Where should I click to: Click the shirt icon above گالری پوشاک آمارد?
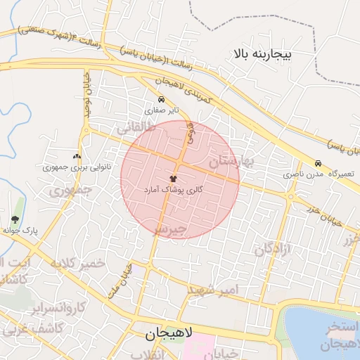[173, 179]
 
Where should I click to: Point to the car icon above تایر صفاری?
[162, 100]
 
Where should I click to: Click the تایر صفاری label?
[162, 110]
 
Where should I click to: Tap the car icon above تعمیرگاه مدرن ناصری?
[319, 162]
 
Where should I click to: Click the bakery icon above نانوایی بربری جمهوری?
[77, 156]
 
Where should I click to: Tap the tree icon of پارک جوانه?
[15, 219]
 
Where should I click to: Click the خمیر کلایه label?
[77, 263]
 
